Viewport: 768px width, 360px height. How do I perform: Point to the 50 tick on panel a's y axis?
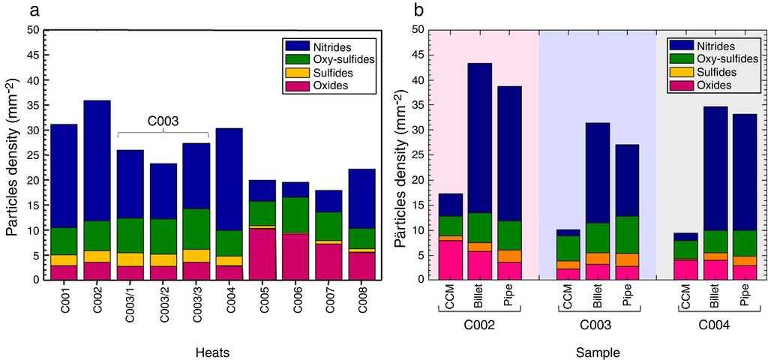(x=33, y=30)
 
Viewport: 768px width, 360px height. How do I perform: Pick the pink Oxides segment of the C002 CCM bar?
(x=451, y=259)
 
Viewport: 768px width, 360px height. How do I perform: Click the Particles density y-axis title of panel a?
(x=13, y=154)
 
